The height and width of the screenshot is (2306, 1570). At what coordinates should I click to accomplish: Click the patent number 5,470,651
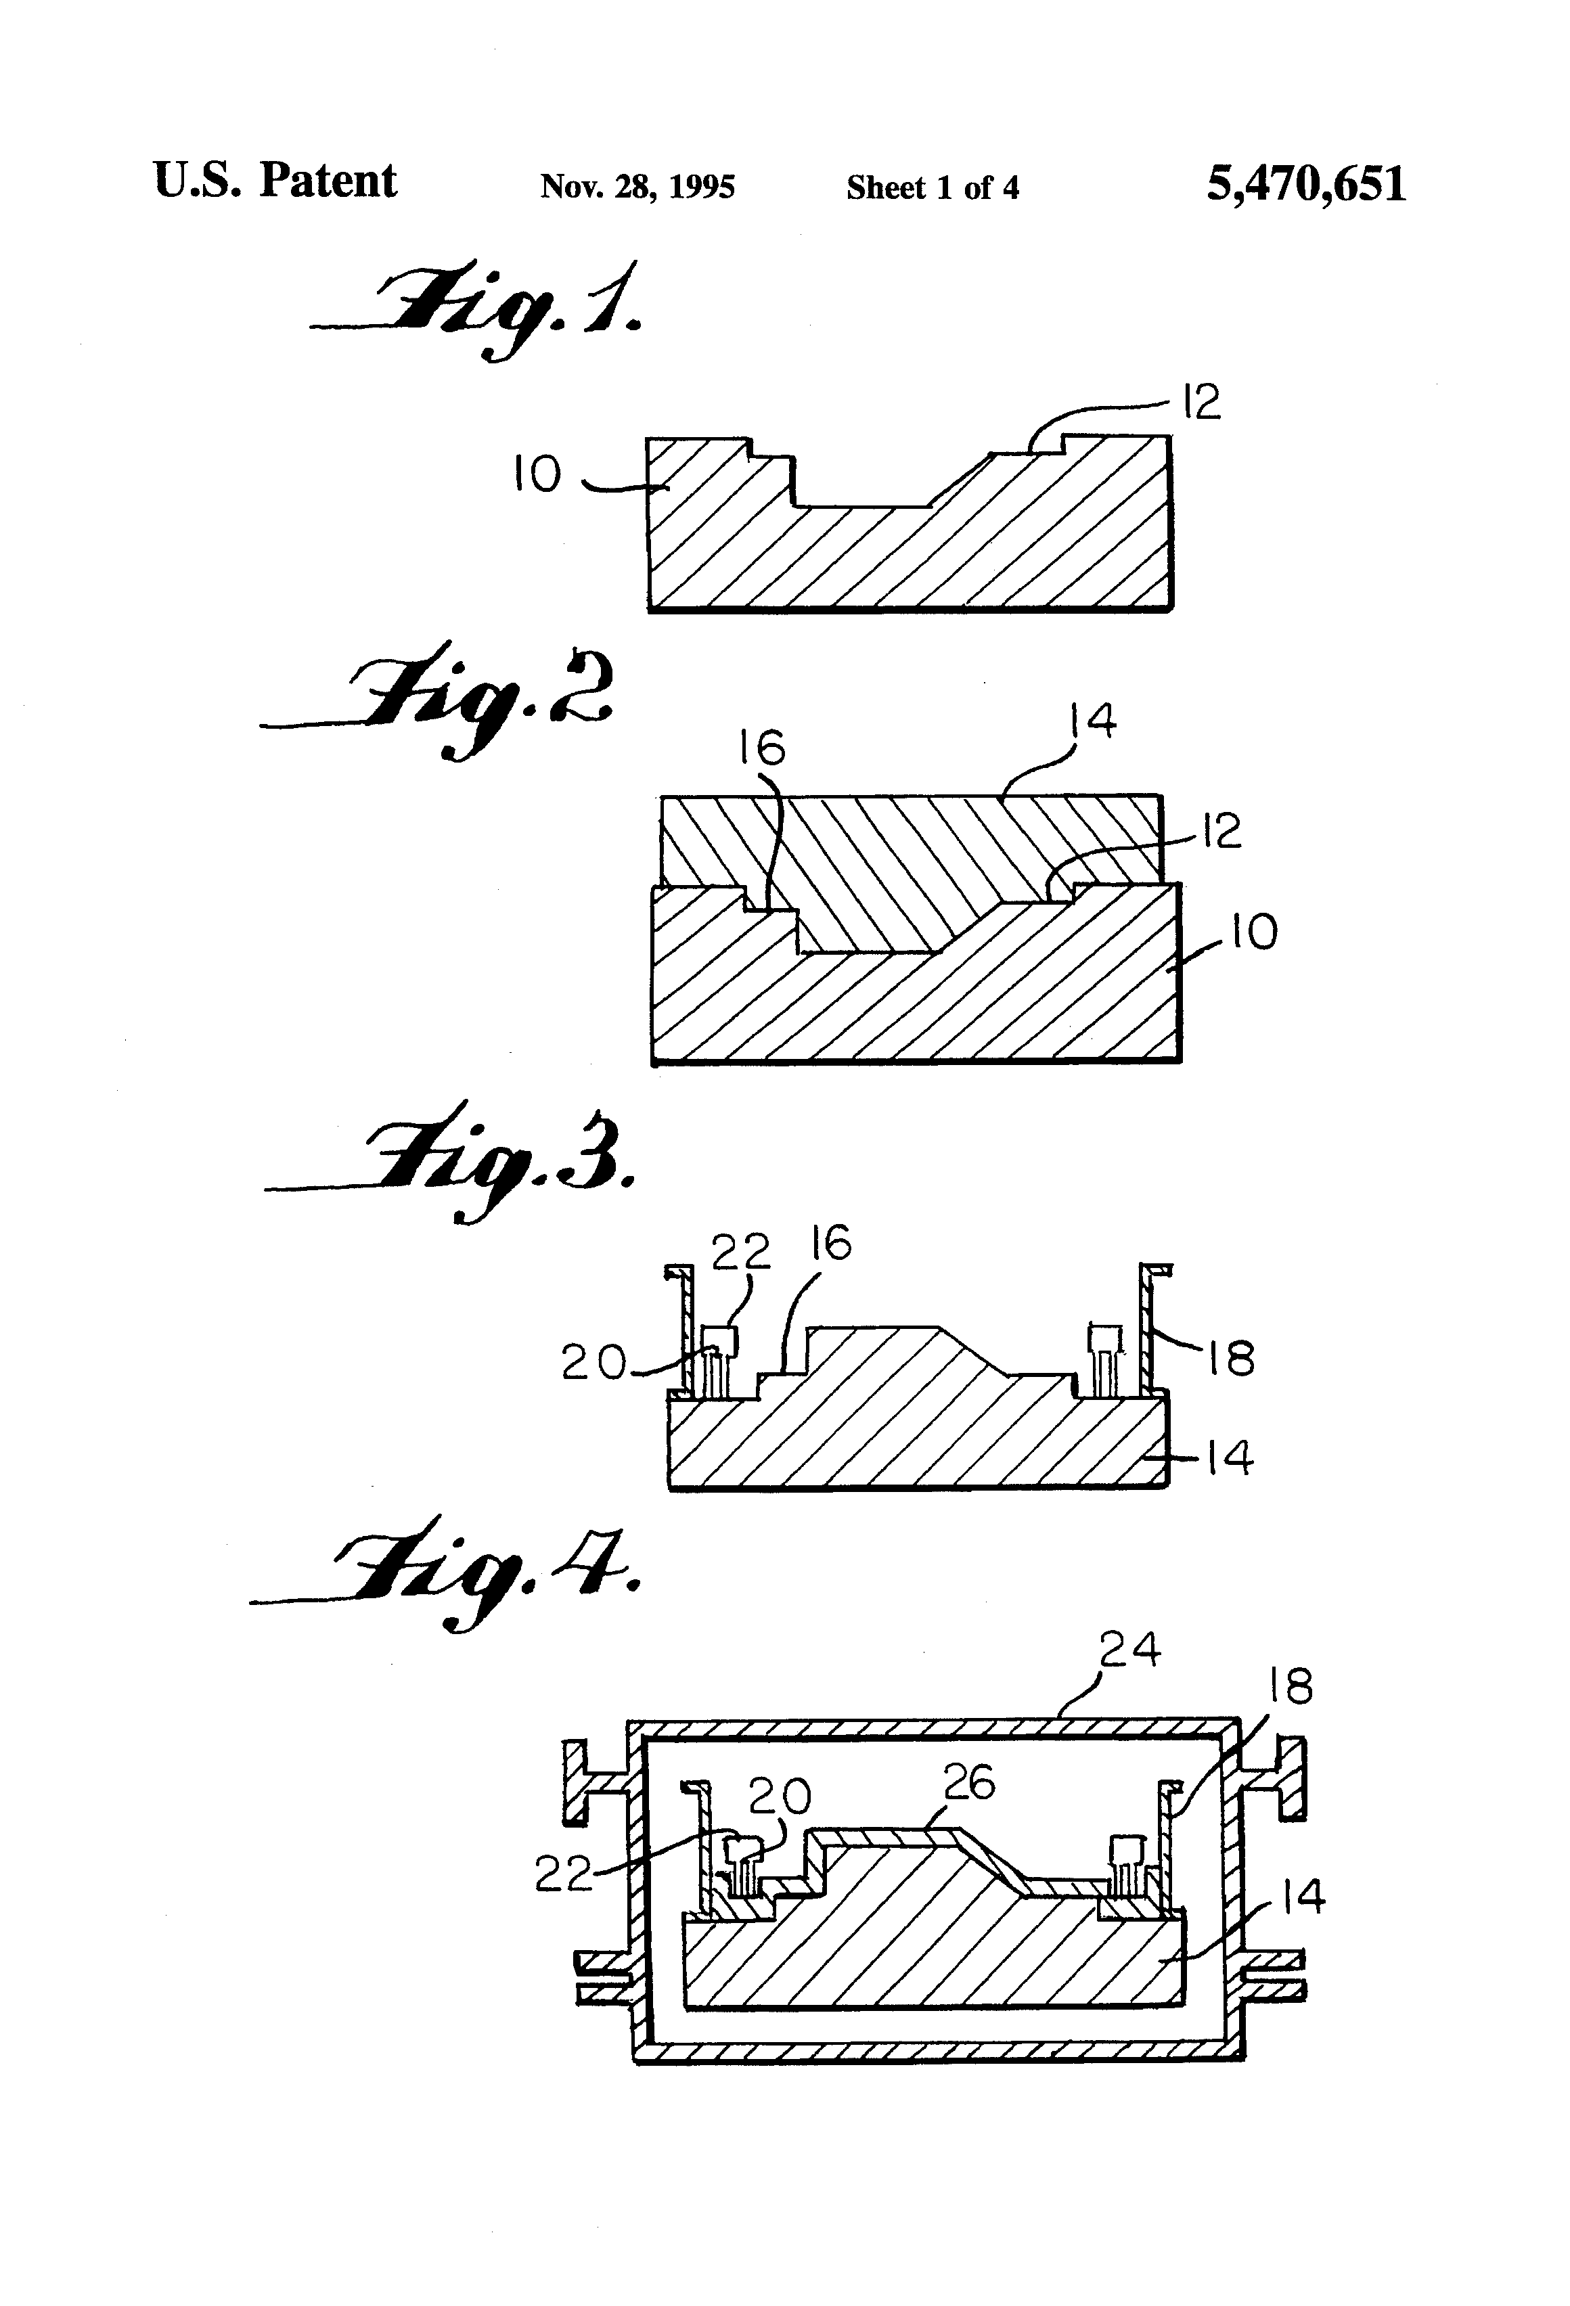pos(1306,185)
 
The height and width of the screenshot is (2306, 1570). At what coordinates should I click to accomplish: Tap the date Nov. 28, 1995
pos(637,187)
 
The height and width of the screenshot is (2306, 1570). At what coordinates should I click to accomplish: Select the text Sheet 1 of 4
pos(932,187)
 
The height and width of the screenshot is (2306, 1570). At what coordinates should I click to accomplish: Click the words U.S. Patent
pos(275,181)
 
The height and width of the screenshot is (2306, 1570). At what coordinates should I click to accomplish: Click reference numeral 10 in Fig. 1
pos(537,474)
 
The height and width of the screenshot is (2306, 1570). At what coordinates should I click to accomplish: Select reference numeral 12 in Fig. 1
pos(1201,403)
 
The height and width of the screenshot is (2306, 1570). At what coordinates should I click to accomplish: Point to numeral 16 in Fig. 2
pos(762,748)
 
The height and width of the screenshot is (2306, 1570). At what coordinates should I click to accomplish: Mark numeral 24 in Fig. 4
pos(1129,1650)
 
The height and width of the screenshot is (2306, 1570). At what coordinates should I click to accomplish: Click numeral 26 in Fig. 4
pos(968,1783)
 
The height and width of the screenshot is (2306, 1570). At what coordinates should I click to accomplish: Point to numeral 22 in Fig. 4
pos(564,1874)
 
